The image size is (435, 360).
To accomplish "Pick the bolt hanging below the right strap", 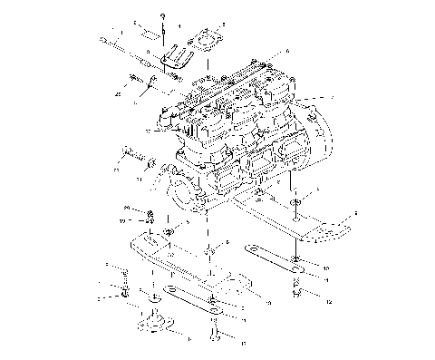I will (297, 292).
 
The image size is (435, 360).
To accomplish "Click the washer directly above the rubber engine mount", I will (154, 298).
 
